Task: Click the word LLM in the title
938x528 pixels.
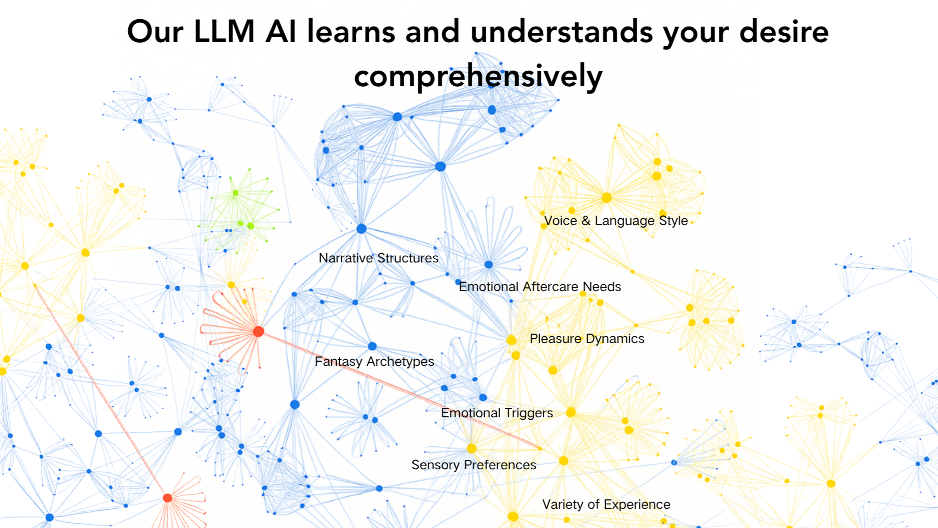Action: tap(224, 31)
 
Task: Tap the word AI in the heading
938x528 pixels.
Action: tap(281, 31)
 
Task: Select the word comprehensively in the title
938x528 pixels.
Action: tap(478, 76)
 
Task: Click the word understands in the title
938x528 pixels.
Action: tap(561, 31)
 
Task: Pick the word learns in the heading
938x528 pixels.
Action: tap(351, 31)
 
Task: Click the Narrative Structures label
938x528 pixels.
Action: tap(379, 258)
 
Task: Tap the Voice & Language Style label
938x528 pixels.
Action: tap(615, 220)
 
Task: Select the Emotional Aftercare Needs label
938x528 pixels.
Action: tap(540, 286)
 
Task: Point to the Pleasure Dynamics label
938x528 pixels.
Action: tap(587, 338)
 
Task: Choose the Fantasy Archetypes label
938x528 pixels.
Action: tap(374, 361)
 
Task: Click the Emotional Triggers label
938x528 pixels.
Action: tap(497, 413)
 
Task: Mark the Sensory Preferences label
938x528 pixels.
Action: tap(474, 465)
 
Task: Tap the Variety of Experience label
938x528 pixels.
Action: tap(606, 504)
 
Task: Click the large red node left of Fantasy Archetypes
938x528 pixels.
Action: tap(258, 332)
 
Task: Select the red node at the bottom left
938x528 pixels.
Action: tap(167, 498)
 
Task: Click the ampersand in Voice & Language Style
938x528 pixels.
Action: tap(586, 220)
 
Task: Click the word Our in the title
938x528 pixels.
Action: tap(155, 31)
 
